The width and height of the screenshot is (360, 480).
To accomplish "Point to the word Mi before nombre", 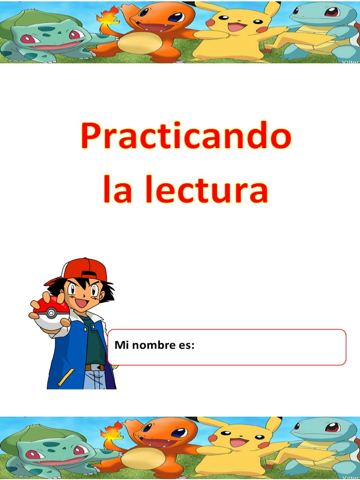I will (121, 346).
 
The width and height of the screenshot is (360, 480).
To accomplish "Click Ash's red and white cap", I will (82, 270).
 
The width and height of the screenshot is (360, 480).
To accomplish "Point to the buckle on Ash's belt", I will (96, 367).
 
